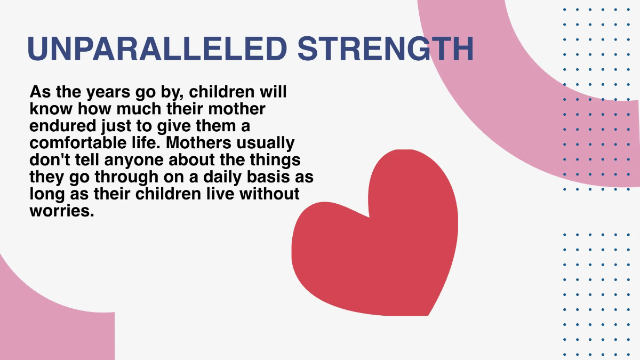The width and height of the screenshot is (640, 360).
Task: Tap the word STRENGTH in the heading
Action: (x=386, y=49)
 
